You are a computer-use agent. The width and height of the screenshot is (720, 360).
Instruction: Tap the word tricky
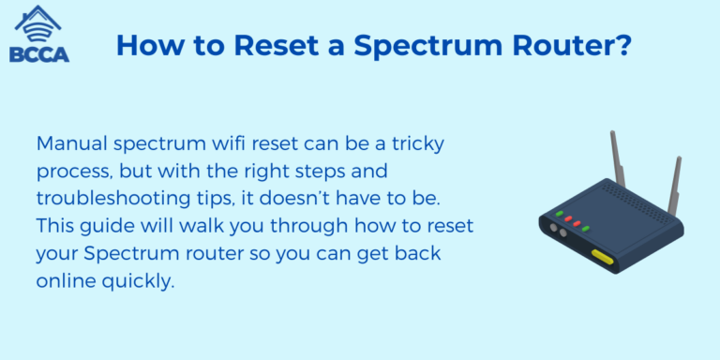416,145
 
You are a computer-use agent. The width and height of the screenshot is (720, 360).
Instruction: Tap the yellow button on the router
601,255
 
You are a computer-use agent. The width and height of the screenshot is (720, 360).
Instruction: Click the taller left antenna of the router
618,160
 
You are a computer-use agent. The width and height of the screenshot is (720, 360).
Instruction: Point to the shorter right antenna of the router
674,183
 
